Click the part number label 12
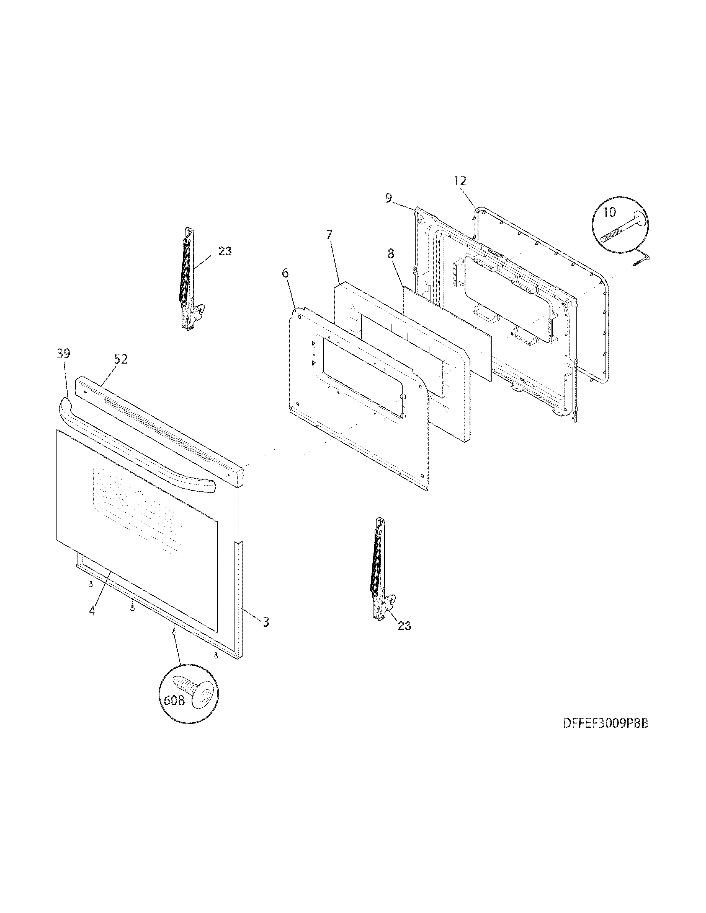pos(460,181)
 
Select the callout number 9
pos(388,198)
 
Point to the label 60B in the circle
pos(174,700)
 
